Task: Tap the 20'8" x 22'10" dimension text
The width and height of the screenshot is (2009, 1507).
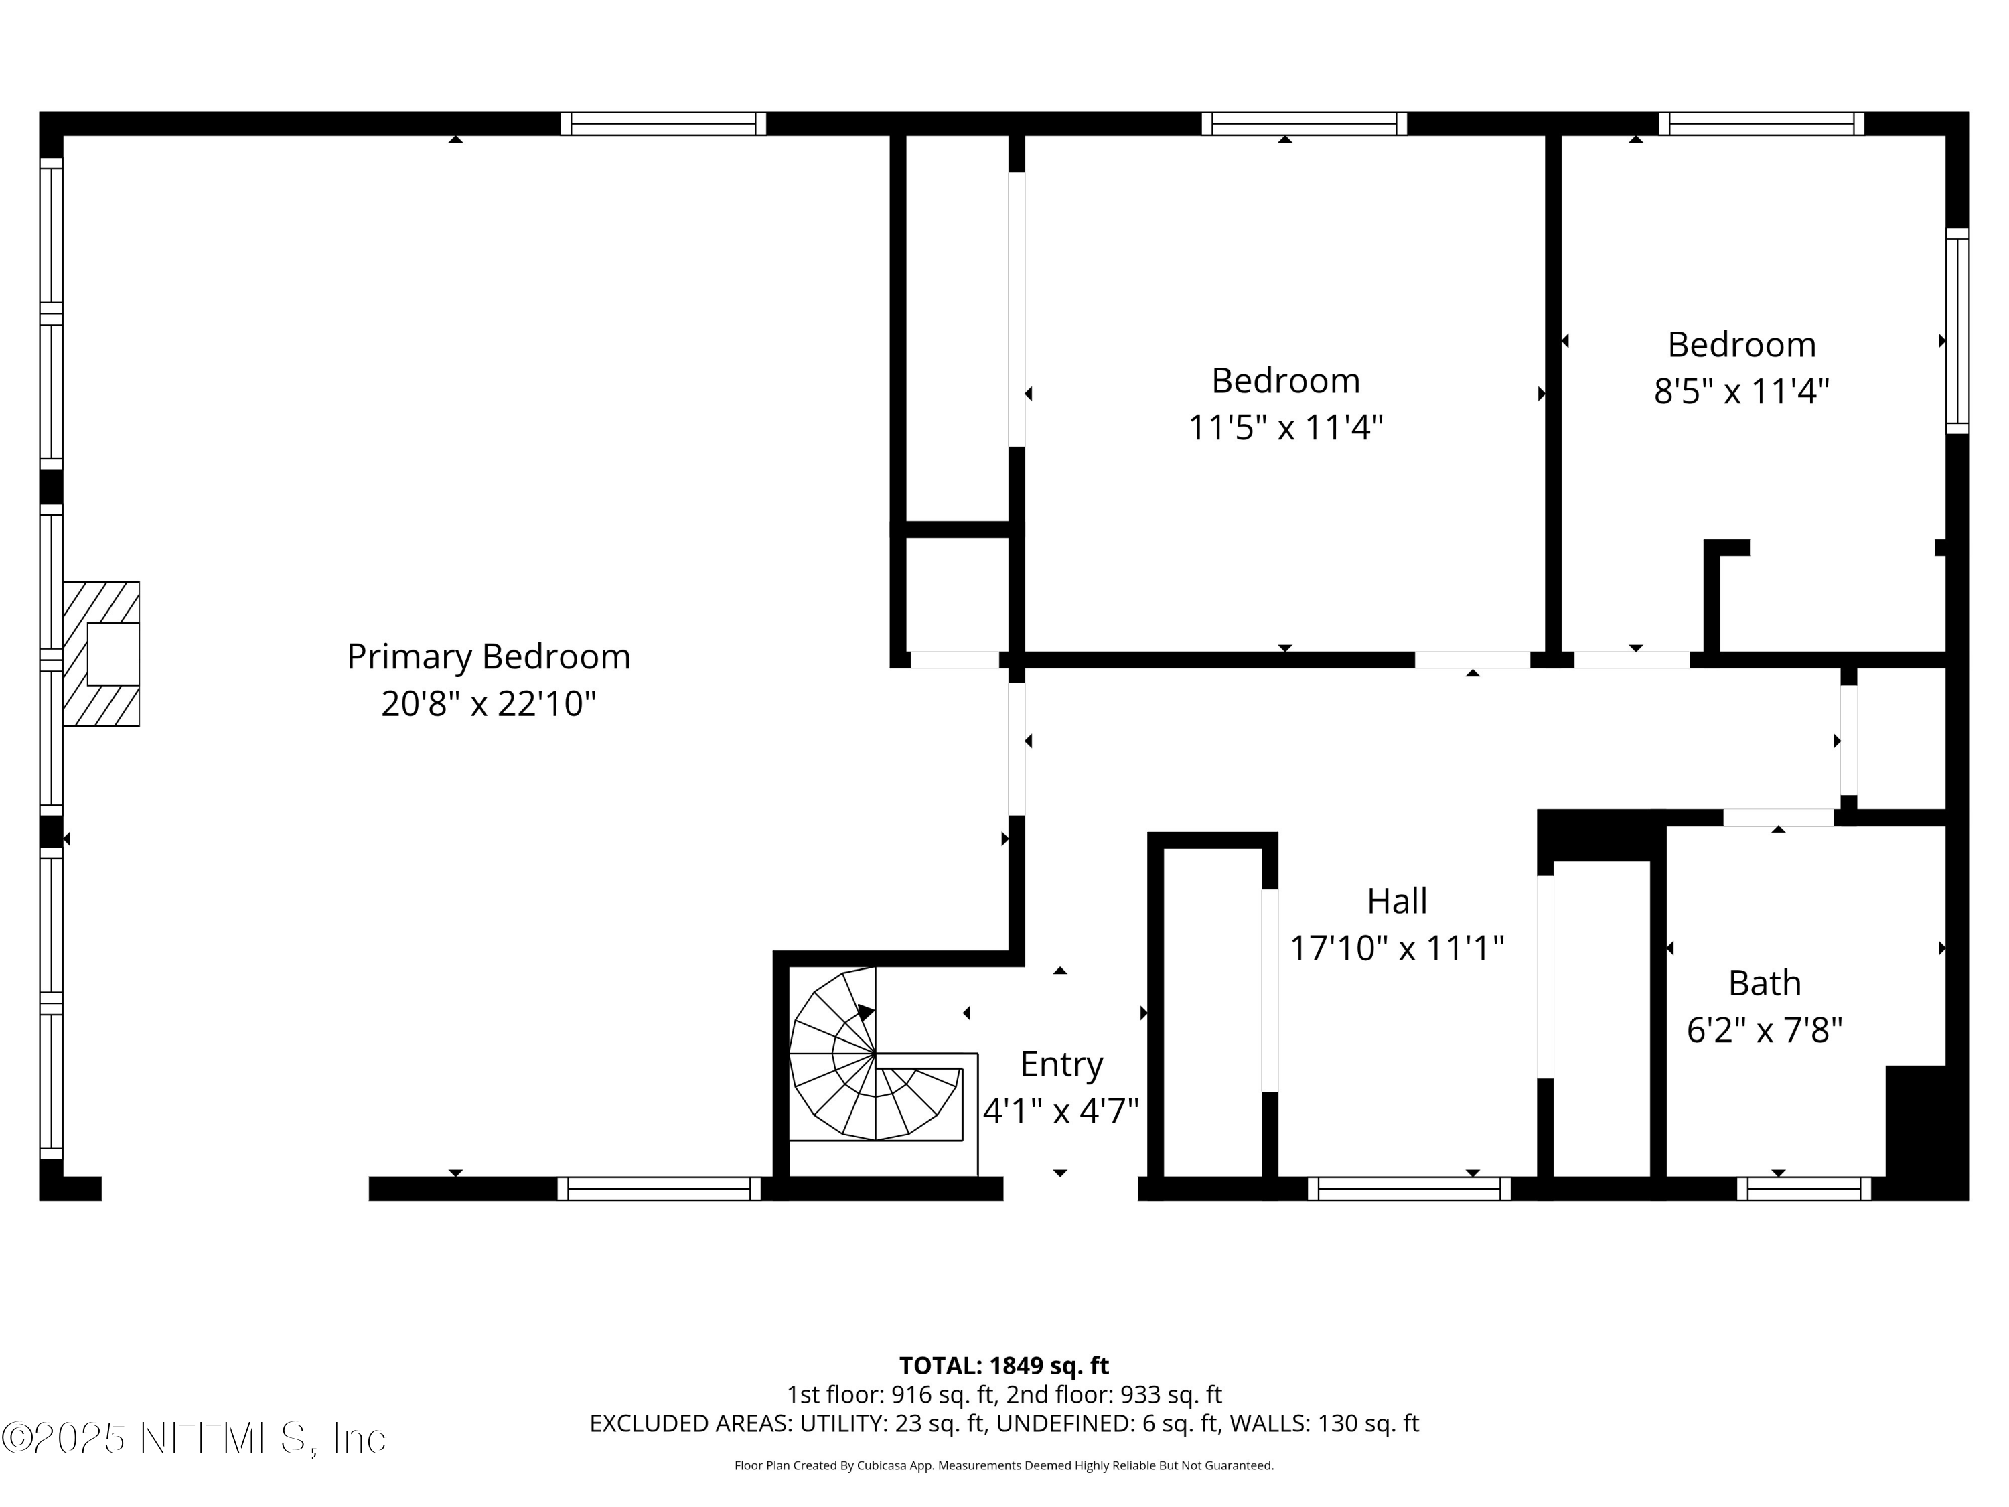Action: [489, 704]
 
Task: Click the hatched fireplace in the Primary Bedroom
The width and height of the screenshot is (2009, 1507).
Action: [101, 654]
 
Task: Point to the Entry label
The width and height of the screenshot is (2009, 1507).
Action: [1061, 1064]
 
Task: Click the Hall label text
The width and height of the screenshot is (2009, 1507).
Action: [1397, 901]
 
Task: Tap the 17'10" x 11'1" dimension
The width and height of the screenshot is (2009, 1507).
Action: [1397, 949]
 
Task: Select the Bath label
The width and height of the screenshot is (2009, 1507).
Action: [1764, 983]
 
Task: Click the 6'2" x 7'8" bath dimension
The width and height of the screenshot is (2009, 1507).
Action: [1764, 1030]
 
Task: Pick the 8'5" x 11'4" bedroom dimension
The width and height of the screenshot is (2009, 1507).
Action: [1741, 392]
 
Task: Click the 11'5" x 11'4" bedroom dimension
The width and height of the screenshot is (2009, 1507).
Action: [1285, 427]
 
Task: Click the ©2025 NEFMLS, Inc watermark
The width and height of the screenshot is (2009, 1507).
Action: [194, 1438]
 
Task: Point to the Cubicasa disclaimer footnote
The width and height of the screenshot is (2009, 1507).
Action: [1004, 1465]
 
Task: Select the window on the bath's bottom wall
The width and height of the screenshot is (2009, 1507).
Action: [1803, 1188]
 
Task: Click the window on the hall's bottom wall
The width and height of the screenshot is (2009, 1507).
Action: [1409, 1188]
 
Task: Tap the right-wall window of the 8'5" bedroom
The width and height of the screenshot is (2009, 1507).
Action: [1957, 332]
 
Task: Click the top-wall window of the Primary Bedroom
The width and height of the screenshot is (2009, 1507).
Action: [663, 123]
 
